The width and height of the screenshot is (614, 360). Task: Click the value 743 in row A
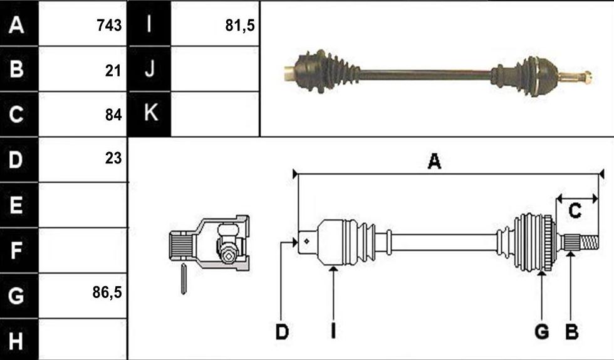click(109, 26)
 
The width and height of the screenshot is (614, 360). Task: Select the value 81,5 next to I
click(240, 26)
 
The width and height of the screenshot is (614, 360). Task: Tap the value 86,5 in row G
click(107, 292)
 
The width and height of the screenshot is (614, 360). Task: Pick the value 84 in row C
click(113, 115)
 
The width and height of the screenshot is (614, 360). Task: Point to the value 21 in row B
click(113, 71)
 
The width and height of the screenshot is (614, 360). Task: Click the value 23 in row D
click(113, 158)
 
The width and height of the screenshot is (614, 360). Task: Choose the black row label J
click(149, 69)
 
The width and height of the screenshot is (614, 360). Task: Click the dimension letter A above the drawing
click(434, 161)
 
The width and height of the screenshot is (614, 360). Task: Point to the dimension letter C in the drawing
click(575, 211)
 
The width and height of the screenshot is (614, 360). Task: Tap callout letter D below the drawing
click(282, 332)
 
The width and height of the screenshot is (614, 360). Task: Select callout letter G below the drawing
click(541, 332)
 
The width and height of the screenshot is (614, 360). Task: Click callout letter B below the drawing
click(571, 332)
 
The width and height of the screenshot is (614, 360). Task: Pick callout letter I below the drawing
click(333, 332)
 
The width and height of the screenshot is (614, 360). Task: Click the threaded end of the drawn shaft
click(589, 243)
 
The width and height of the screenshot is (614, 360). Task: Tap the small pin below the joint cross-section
click(183, 279)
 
